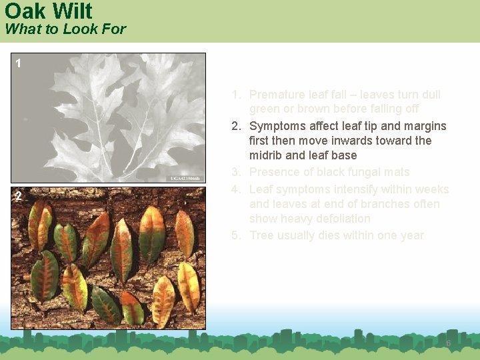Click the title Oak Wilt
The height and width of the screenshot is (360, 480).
(49, 11)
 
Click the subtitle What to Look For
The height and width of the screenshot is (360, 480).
(65, 29)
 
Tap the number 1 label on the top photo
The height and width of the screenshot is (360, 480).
(18, 64)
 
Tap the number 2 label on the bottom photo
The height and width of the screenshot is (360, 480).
(19, 196)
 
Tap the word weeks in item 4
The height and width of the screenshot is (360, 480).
(431, 189)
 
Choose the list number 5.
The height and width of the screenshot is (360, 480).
(235, 236)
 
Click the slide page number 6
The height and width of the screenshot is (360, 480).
(449, 343)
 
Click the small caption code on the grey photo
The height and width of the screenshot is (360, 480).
(185, 179)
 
